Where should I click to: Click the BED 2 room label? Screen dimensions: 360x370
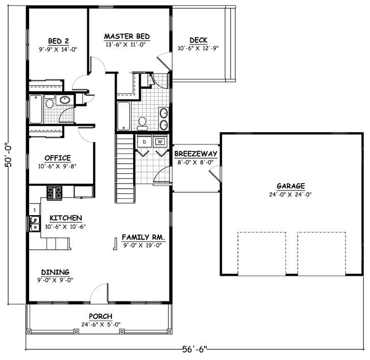click(59, 41)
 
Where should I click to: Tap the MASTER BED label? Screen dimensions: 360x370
click(127, 36)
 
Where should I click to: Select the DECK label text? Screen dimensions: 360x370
click(198, 40)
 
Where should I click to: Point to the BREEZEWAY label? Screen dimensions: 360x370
click(196, 153)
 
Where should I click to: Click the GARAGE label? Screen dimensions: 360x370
click(290, 186)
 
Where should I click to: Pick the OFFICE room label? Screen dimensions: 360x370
click(57, 158)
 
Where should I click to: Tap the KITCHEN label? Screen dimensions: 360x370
click(63, 218)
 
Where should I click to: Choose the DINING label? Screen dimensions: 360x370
click(56, 272)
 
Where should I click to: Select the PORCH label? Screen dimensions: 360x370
click(101, 317)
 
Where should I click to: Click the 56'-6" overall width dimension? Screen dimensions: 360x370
click(194, 350)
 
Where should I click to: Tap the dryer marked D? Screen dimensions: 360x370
click(144, 141)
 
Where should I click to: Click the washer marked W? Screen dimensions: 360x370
click(160, 141)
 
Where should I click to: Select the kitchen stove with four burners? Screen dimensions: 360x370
click(55, 193)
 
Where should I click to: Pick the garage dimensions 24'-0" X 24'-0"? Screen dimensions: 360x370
click(290, 194)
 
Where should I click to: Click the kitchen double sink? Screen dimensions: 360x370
click(35, 223)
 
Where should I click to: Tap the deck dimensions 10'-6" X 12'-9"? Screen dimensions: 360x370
click(198, 48)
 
